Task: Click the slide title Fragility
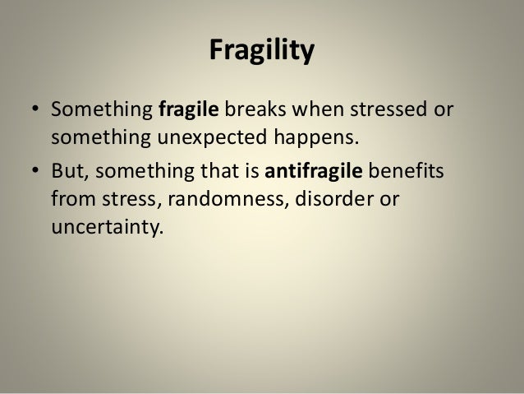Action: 261,53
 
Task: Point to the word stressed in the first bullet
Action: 389,110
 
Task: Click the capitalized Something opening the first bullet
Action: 97,110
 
